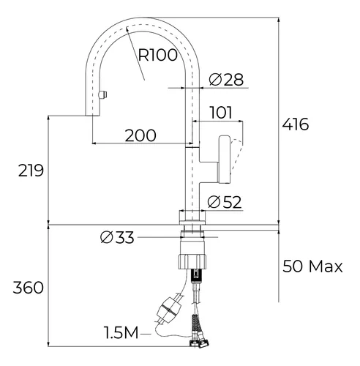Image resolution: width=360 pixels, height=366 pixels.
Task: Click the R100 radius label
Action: point(158,55)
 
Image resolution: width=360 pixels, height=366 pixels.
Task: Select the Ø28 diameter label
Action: point(226,79)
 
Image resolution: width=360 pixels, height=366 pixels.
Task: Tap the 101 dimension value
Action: point(221,113)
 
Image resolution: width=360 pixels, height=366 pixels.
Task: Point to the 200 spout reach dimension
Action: point(140,135)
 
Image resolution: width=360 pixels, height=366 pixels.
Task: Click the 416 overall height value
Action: point(296,124)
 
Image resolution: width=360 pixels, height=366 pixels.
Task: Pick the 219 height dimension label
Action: point(31,171)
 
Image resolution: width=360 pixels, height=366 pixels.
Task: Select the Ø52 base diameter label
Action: point(225,202)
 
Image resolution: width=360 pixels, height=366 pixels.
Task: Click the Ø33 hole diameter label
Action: point(117,237)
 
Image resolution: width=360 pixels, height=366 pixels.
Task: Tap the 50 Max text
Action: point(312,266)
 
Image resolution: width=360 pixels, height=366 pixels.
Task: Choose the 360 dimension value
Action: point(29,288)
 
